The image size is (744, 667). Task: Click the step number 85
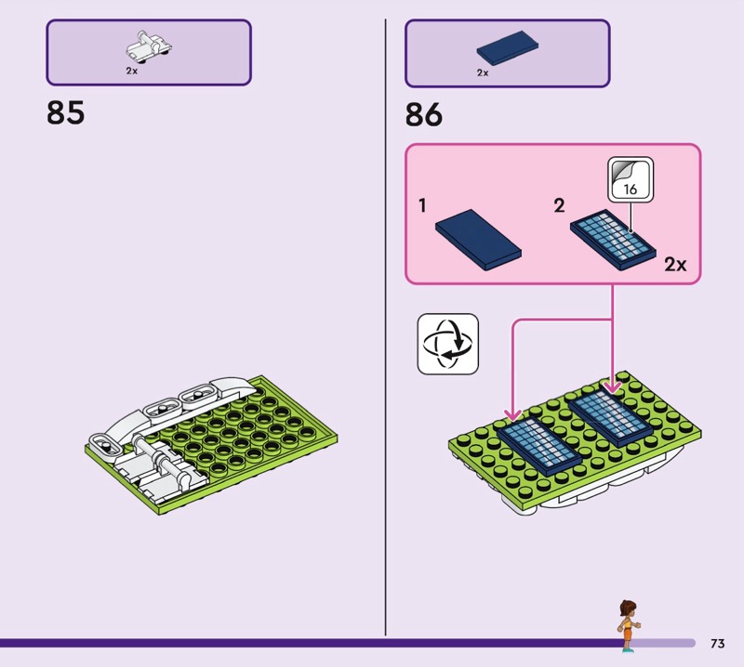[65, 112]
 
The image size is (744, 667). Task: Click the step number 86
[424, 115]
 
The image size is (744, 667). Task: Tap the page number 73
[717, 644]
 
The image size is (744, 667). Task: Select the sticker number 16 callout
[630, 180]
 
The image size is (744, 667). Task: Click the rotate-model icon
[447, 344]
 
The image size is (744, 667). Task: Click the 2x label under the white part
[132, 71]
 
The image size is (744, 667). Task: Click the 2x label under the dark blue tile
[483, 72]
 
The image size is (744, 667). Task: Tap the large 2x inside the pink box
[675, 265]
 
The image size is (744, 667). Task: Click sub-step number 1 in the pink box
[422, 205]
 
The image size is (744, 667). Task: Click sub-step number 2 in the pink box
[559, 205]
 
